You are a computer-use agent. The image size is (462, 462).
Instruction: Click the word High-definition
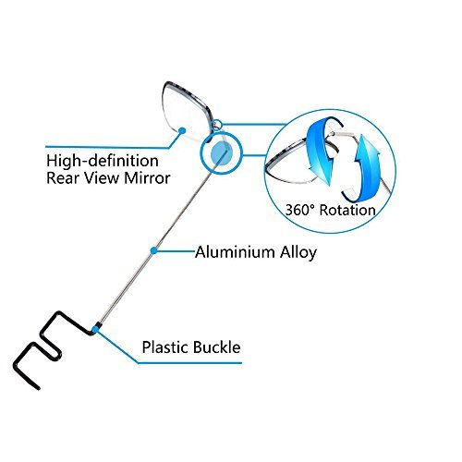103,161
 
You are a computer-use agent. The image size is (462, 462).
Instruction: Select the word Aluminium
235,252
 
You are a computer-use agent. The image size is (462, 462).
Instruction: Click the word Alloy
298,253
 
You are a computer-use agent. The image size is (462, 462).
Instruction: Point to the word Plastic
164,347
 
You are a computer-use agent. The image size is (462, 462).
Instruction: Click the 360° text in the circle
300,210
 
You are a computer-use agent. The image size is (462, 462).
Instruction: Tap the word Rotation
347,210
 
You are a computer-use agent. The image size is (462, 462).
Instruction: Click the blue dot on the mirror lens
182,130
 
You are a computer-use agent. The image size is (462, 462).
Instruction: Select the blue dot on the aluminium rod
153,250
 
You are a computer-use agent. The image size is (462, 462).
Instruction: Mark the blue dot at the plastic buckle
95,330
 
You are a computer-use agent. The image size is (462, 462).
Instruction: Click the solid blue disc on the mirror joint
222,153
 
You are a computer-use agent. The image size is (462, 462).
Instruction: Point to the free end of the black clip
38,389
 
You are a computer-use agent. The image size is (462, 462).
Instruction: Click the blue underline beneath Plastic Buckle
189,363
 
